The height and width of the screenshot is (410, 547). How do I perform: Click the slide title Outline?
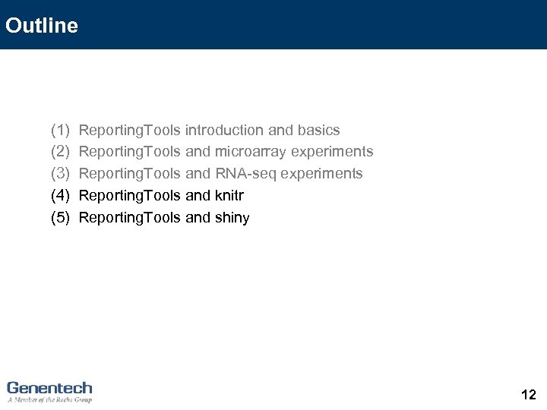[41, 26]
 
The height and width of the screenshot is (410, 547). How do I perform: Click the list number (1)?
[60, 131]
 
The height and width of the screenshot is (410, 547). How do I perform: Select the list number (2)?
[60, 152]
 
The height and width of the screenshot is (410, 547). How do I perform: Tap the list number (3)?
[60, 174]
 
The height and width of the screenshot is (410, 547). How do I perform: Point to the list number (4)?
[60, 196]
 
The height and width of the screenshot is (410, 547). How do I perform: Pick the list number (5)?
[60, 218]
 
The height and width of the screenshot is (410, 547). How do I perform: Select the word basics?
[318, 131]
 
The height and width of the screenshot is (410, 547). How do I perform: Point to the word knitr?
[229, 196]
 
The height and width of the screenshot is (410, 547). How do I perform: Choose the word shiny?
[232, 218]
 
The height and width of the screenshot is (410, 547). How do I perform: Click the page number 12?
[529, 395]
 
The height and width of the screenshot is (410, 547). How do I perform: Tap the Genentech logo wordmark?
[49, 387]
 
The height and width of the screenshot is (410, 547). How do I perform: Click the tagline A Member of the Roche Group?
[49, 399]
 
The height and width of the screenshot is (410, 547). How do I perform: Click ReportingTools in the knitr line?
[129, 196]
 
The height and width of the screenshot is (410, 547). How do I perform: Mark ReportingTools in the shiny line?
[129, 218]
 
